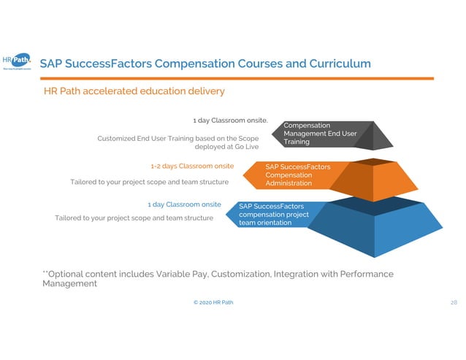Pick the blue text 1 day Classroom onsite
pos(184,204)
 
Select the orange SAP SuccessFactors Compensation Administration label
pos(297,175)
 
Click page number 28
pos(453,302)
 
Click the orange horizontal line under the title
pos(234,79)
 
